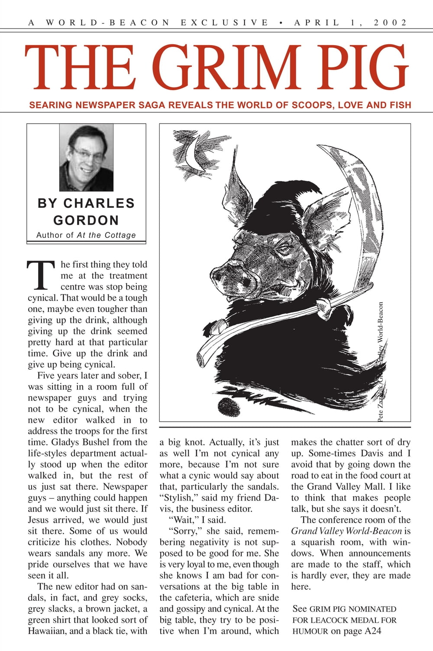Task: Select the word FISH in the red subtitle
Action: (397, 105)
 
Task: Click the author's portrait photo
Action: (86, 157)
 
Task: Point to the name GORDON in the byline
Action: (86, 220)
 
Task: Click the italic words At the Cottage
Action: (106, 235)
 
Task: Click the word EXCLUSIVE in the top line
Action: (225, 23)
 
